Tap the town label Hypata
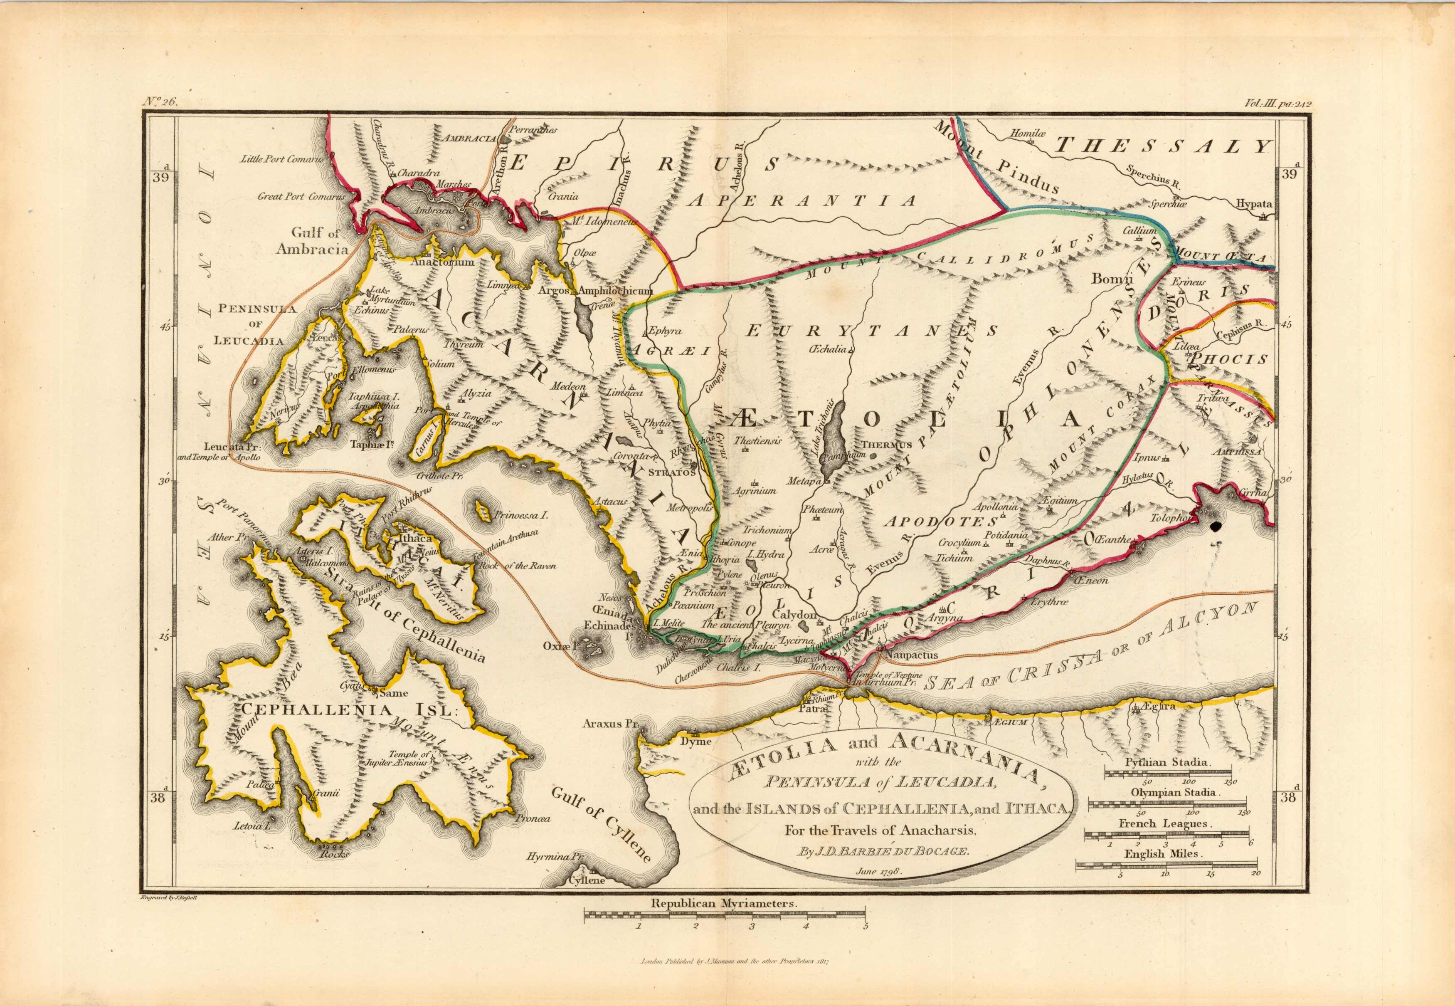[1253, 204]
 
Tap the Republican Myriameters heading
[725, 921]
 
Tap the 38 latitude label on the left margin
[159, 797]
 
